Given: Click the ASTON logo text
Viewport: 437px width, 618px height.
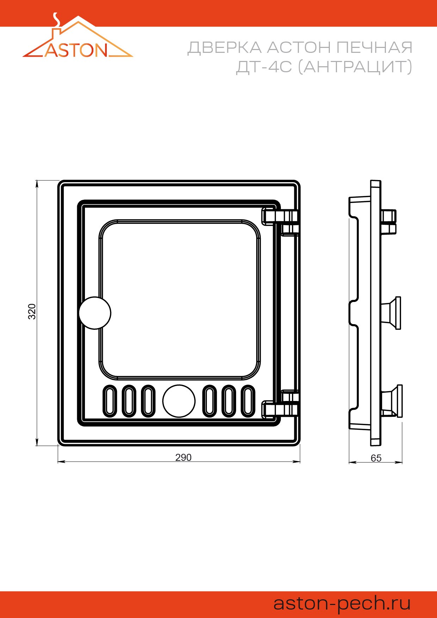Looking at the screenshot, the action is pyautogui.click(x=76, y=50).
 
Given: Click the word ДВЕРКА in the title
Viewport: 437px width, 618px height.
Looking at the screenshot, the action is pyautogui.click(x=224, y=48).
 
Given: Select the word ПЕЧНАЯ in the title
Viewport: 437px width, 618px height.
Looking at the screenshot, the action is pyautogui.click(x=374, y=48).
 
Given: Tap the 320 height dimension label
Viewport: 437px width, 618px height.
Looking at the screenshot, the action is pyautogui.click(x=32, y=311).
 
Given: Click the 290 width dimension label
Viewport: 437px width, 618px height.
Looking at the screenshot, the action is pyautogui.click(x=183, y=457).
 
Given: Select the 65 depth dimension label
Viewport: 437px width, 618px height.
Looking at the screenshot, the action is pyautogui.click(x=376, y=458).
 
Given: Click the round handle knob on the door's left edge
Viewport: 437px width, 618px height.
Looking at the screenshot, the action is pyautogui.click(x=95, y=313).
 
